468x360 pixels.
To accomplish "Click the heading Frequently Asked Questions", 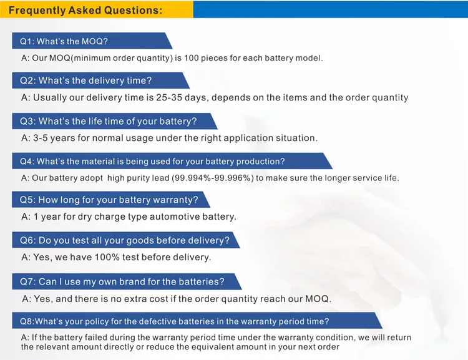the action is point(85,10).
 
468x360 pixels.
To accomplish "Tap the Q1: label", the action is point(27,41).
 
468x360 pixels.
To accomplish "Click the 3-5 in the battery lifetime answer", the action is point(41,138).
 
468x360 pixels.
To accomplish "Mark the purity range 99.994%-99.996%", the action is point(213,178).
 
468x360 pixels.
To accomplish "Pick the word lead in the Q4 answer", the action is point(163,178).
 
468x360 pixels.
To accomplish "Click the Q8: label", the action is point(27,321).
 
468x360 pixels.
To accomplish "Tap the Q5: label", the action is point(27,200).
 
